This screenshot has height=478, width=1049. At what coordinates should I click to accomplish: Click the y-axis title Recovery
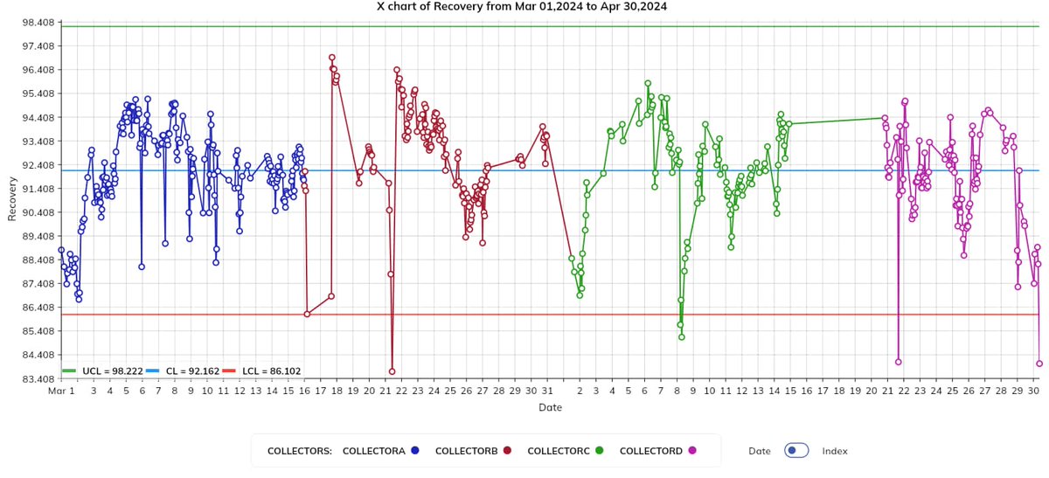pos(12,201)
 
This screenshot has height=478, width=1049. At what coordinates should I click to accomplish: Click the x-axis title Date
pos(550,408)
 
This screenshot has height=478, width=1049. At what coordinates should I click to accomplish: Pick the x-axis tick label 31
pos(546,391)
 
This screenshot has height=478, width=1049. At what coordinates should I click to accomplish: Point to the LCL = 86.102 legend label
pos(271,371)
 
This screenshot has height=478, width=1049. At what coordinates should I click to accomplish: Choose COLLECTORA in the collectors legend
pos(373,451)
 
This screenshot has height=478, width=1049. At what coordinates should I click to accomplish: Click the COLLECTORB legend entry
pos(466,451)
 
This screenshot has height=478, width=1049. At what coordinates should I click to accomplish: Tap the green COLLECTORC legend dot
pos(600,451)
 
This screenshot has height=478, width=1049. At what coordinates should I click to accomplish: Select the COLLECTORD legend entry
pos(651,451)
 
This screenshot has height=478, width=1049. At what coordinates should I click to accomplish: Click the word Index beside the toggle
pos(835,451)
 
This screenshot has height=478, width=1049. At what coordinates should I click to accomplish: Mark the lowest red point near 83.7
pos(393,371)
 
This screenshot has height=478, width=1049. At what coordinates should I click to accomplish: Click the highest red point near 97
pos(332,58)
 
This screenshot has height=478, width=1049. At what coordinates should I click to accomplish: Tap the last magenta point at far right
pos(1039,364)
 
